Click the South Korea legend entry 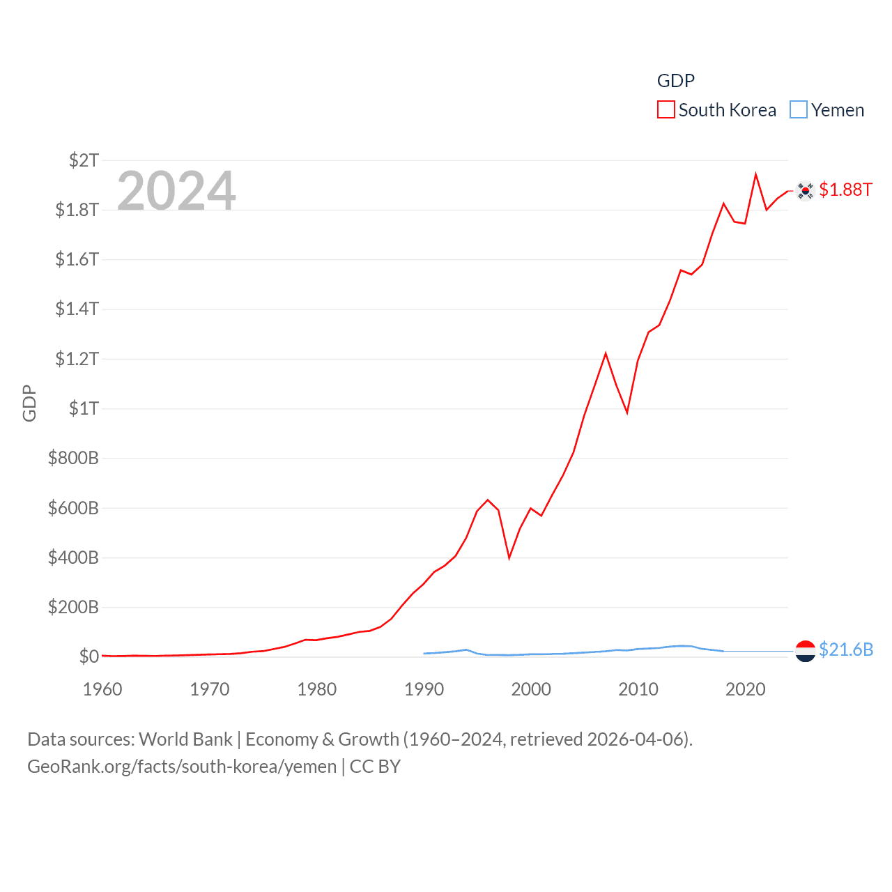coord(717,110)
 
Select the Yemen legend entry coord(827,110)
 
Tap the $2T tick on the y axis coord(84,160)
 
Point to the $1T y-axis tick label coord(84,408)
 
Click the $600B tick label coord(73,508)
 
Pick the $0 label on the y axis coord(89,656)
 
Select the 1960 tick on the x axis coord(102,689)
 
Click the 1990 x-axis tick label coord(424,689)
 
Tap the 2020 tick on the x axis coord(746,689)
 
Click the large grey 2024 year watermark coord(176,191)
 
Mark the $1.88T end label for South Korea coord(845,190)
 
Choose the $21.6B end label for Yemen coord(846,649)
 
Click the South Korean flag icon coord(805,190)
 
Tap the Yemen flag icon coord(805,651)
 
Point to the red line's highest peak coord(755,174)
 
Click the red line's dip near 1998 coord(509,557)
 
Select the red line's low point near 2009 coord(627,413)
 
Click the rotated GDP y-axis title coord(29,403)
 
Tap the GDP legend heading coord(675,81)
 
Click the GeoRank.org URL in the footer coord(182,767)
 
